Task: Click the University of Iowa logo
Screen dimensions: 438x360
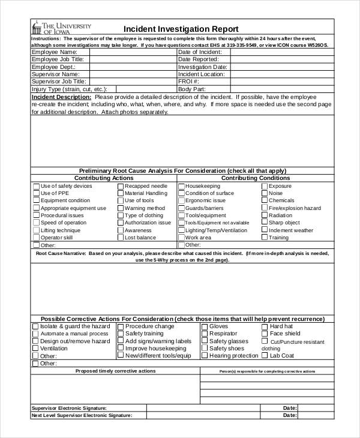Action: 62,28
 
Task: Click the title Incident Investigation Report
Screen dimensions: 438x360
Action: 181,29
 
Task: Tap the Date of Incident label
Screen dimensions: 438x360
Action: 200,52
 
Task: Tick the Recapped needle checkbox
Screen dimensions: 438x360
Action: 120,186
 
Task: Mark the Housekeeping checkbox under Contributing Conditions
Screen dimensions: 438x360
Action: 181,186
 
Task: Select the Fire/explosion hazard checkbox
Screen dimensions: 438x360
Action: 264,208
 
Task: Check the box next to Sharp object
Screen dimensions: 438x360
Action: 264,222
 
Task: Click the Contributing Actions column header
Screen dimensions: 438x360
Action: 103,178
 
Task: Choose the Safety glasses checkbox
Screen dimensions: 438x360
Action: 205,341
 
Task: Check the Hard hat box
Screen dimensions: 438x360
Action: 265,326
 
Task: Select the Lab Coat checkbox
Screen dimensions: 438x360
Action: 265,355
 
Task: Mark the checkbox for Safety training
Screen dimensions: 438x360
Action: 121,334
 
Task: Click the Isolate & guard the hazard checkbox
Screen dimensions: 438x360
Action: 35,326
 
